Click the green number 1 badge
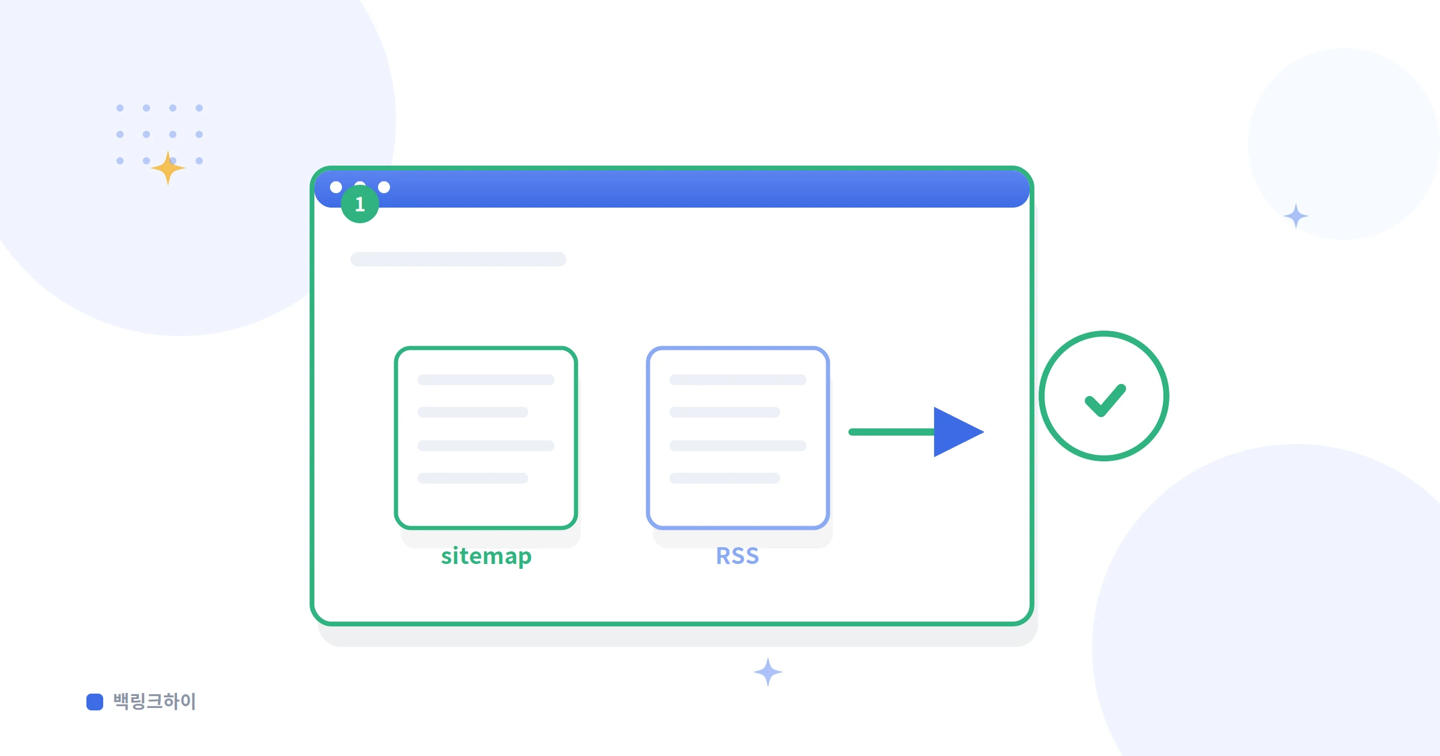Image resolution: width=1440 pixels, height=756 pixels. click(x=360, y=204)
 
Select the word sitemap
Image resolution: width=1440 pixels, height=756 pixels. click(x=486, y=556)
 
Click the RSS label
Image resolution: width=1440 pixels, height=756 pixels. click(x=737, y=556)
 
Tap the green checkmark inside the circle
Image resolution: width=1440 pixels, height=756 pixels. click(x=1105, y=400)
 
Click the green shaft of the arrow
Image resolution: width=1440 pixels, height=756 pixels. click(x=892, y=432)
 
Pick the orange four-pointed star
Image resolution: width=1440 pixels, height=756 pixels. click(x=168, y=168)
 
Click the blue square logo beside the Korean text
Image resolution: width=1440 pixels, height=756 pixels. click(x=95, y=701)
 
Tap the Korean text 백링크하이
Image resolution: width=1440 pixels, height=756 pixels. click(x=155, y=701)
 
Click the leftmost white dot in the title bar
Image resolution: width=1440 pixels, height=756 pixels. click(x=336, y=187)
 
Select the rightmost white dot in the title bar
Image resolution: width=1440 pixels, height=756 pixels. click(x=384, y=187)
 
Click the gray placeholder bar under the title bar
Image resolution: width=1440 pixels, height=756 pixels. click(x=458, y=259)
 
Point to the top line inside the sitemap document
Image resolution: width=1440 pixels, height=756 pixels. click(x=486, y=380)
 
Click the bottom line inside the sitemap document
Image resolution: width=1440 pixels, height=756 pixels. click(x=473, y=478)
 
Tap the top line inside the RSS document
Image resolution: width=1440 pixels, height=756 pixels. click(x=738, y=380)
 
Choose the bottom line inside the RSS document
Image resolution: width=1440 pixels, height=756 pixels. click(x=725, y=478)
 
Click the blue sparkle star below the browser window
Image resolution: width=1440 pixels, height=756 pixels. click(x=768, y=672)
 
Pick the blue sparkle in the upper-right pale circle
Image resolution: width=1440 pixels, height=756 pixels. click(x=1296, y=216)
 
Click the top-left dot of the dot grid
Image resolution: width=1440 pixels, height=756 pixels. click(x=120, y=108)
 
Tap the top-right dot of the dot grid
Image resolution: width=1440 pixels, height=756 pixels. click(x=199, y=108)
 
